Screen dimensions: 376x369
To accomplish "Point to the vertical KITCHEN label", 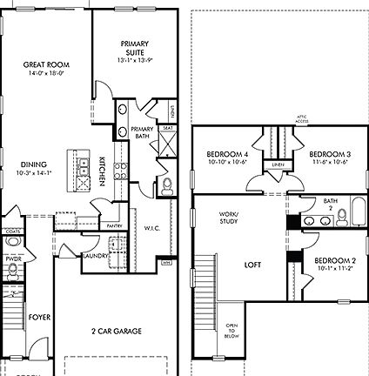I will pyautogui.click(x=102, y=170).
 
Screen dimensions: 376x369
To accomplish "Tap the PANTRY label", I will pyautogui.click(x=114, y=225).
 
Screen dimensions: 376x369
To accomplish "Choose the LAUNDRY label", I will pyautogui.click(x=94, y=256).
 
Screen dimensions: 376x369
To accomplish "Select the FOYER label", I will pyautogui.click(x=38, y=319).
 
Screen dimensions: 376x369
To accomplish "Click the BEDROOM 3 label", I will pyautogui.click(x=329, y=157).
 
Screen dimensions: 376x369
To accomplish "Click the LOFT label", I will pyautogui.click(x=252, y=265).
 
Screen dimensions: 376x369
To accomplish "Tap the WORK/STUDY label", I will pyautogui.click(x=229, y=218).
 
